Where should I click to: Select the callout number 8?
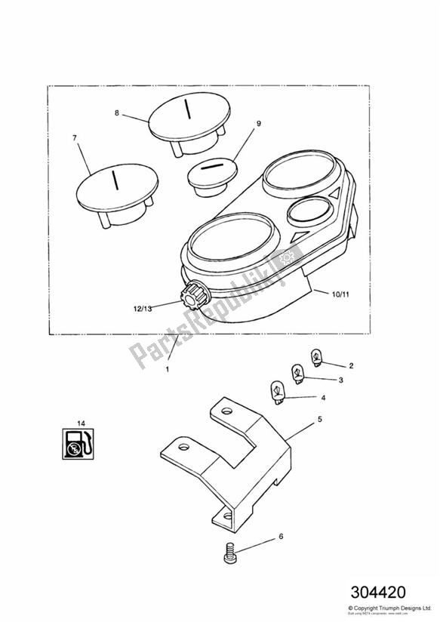117,113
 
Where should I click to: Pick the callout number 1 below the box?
168,370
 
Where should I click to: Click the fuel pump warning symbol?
76,445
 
